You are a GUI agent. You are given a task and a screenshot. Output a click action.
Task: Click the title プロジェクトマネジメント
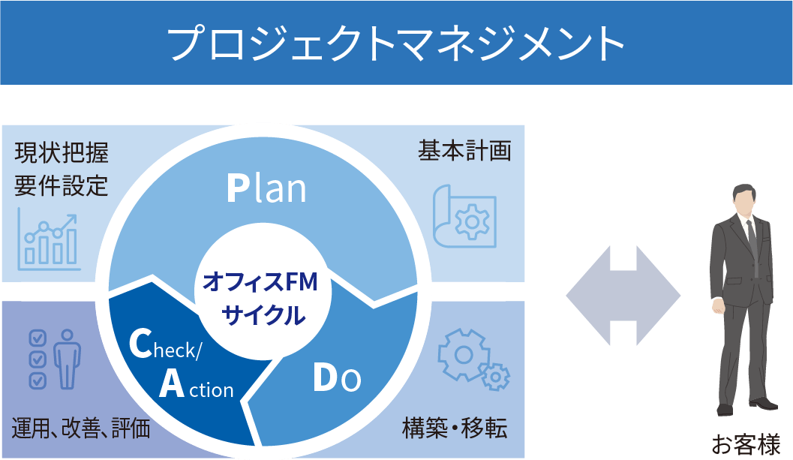[395, 44]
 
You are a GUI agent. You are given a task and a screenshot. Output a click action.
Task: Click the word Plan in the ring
[266, 189]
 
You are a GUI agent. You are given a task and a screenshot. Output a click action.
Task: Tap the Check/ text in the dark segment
[165, 344]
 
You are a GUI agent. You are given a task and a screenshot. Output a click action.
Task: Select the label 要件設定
[62, 185]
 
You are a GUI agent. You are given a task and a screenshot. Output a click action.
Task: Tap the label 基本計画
[464, 151]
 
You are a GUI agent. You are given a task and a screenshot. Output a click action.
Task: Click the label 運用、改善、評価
[81, 428]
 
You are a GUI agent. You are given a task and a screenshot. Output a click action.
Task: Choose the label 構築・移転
[455, 428]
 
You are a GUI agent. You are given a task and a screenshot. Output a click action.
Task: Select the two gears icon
[473, 358]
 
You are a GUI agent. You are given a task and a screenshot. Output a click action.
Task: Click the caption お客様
[746, 445]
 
